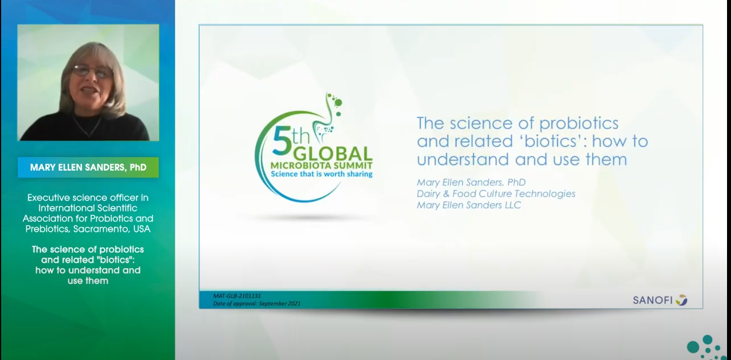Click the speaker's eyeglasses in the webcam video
(92, 71)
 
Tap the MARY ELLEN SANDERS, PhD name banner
(88, 167)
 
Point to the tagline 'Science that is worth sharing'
(322, 174)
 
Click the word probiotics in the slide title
(578, 124)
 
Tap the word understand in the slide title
(463, 160)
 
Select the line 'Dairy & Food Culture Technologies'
(496, 194)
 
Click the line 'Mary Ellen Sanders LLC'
(468, 205)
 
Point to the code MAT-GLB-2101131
(237, 296)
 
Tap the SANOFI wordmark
(653, 300)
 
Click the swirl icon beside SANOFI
(682, 300)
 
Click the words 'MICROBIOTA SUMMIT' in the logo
(322, 166)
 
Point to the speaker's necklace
(87, 126)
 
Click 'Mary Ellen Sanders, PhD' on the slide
(471, 182)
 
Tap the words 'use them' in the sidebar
(88, 281)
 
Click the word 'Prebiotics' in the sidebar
(47, 229)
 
